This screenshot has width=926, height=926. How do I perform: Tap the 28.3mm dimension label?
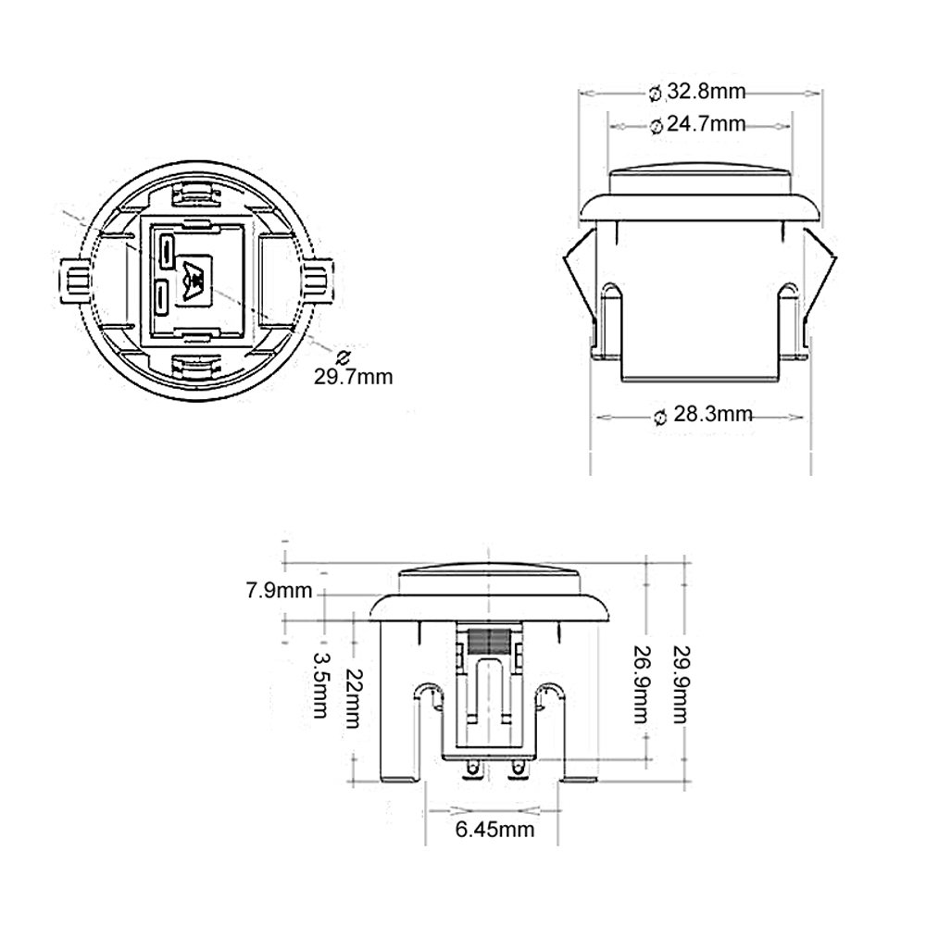click(x=712, y=416)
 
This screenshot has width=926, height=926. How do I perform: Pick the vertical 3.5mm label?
click(x=321, y=684)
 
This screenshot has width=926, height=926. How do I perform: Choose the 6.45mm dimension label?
click(x=494, y=829)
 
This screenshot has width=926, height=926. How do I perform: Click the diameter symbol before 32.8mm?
click(x=654, y=93)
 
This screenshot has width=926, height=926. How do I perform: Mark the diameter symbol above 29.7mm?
click(x=343, y=357)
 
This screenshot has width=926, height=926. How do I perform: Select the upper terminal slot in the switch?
click(x=167, y=248)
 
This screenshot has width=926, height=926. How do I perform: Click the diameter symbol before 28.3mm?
click(x=659, y=417)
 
